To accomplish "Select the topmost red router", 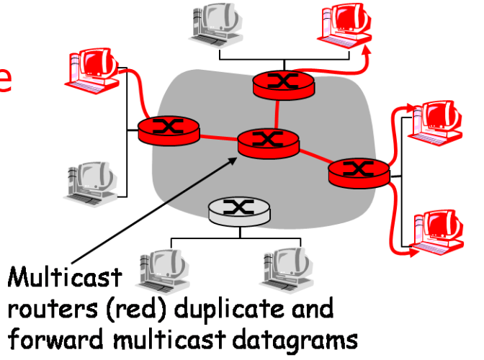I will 284,86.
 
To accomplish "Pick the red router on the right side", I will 358,171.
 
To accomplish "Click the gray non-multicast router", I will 236,210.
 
